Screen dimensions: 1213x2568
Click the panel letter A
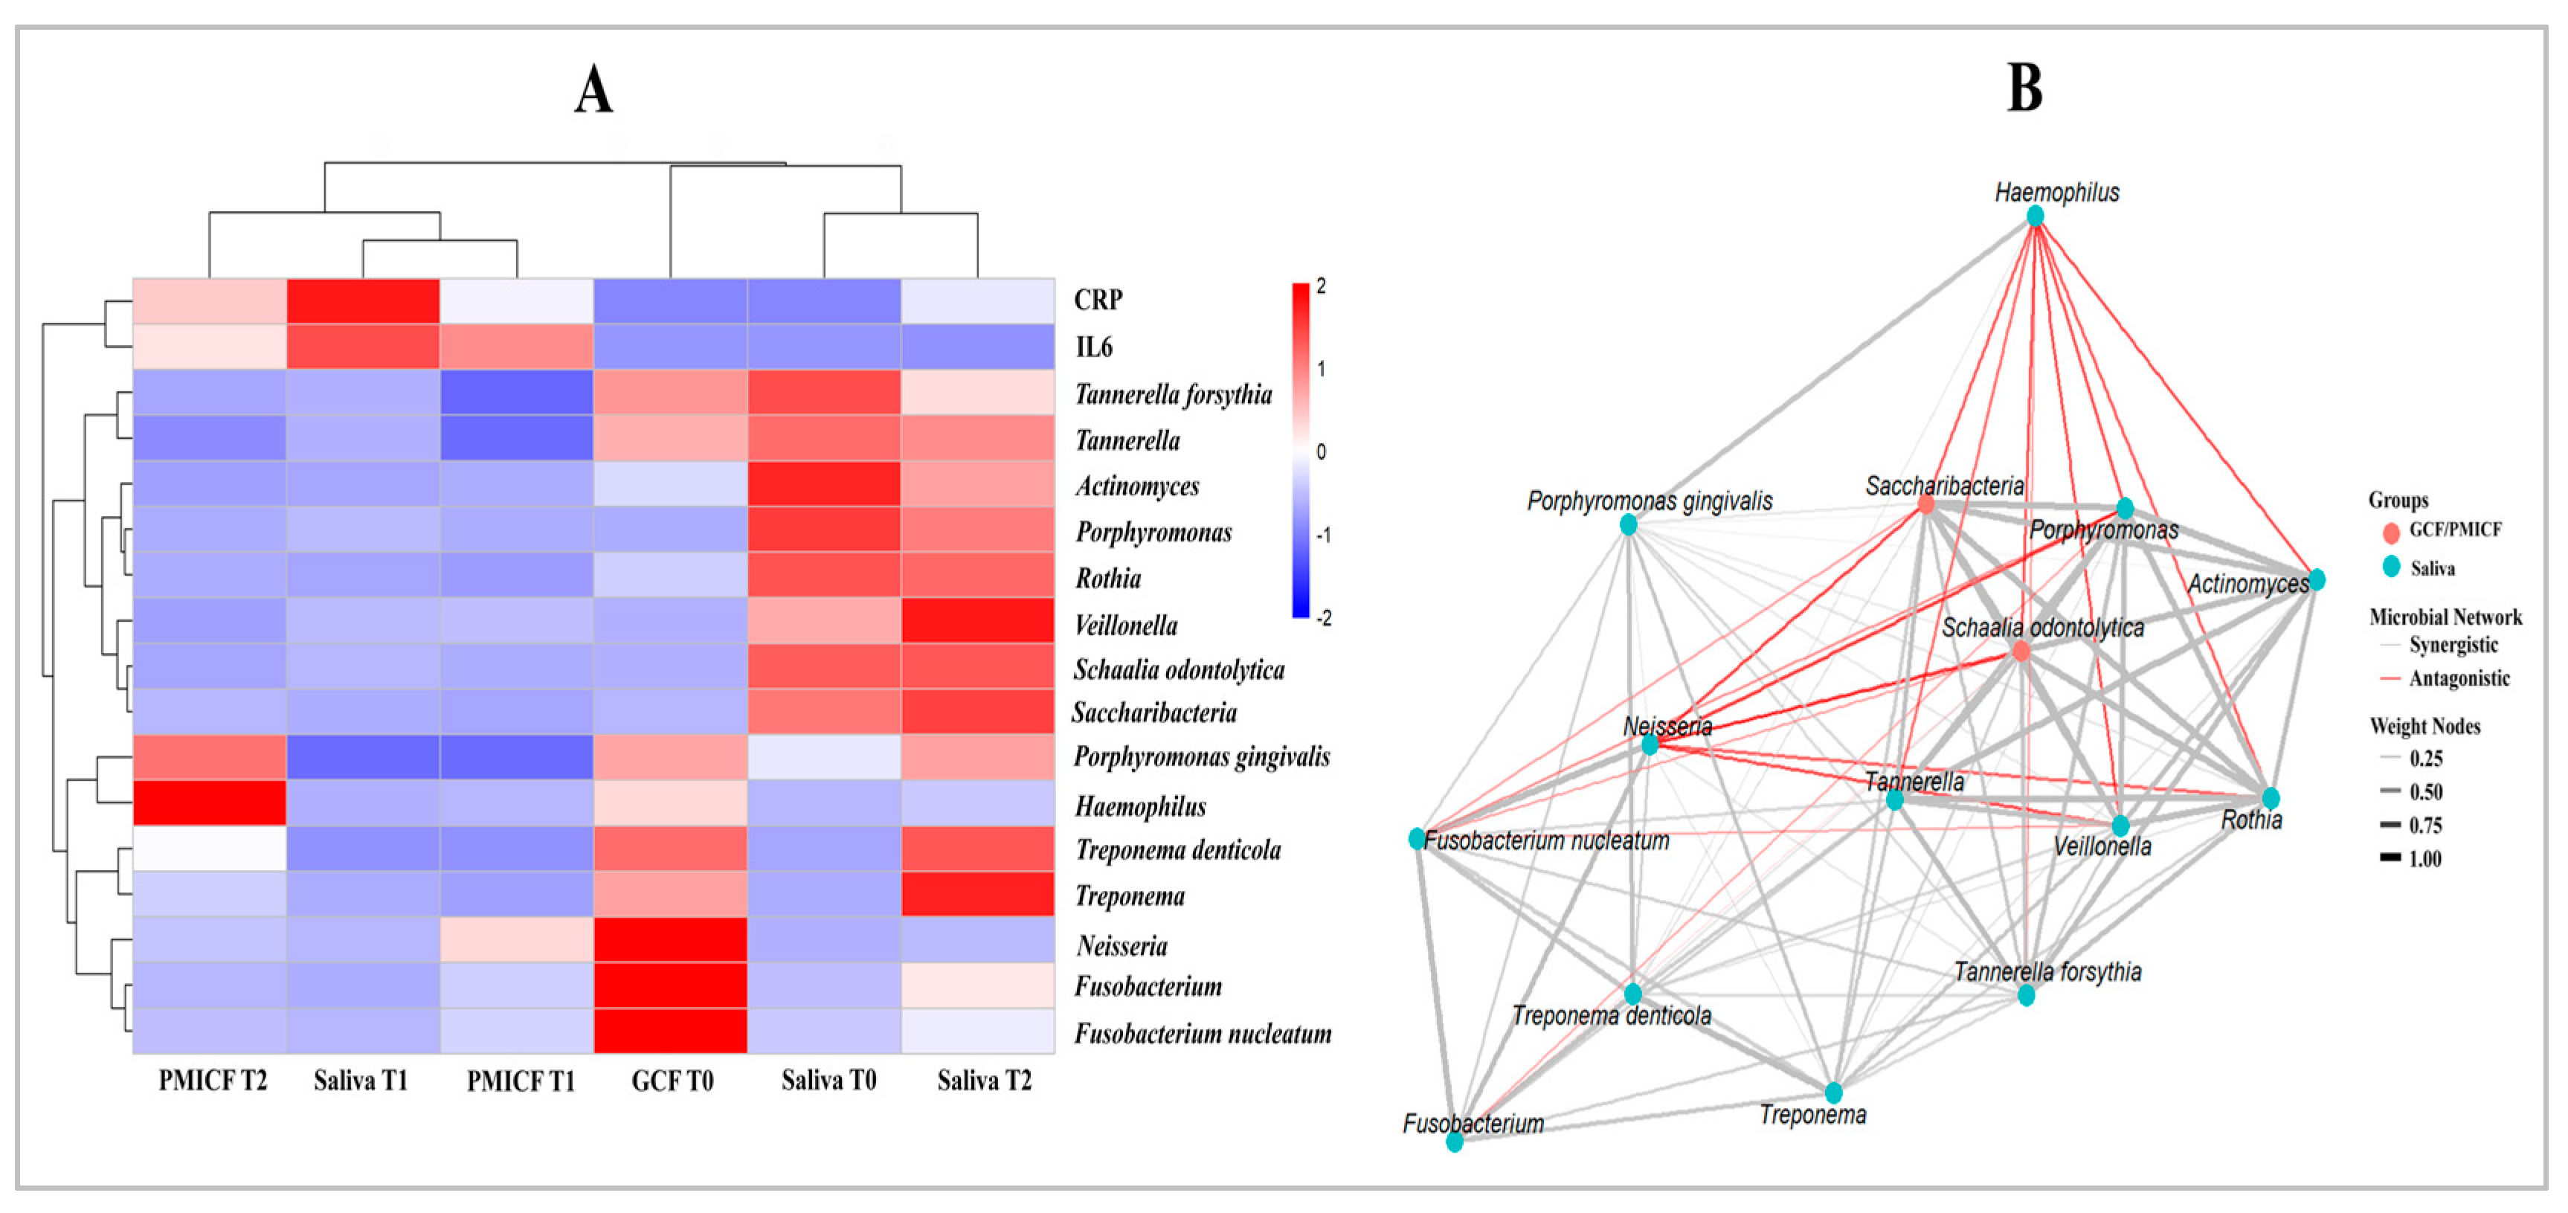[x=593, y=90]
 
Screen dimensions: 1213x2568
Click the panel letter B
[x=2024, y=88]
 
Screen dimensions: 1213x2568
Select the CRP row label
[x=1098, y=300]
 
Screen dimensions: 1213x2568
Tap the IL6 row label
[x=1092, y=347]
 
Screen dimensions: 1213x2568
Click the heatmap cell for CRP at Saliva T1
[x=363, y=301]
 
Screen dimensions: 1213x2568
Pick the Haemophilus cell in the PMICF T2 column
[x=209, y=803]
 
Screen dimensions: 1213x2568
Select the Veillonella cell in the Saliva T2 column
[x=977, y=620]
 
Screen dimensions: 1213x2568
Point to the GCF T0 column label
[x=672, y=1081]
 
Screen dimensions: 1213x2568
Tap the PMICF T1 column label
[x=521, y=1081]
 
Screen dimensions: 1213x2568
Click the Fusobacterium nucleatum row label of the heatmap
[x=1203, y=1034]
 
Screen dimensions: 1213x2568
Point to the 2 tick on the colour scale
[x=1321, y=286]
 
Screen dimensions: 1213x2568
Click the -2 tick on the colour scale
[x=1323, y=618]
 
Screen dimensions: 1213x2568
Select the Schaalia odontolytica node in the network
[x=2021, y=651]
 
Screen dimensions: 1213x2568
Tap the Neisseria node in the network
[x=1650, y=744]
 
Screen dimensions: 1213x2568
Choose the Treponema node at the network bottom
[x=1834, y=1093]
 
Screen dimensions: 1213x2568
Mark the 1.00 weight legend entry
[x=2424, y=858]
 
